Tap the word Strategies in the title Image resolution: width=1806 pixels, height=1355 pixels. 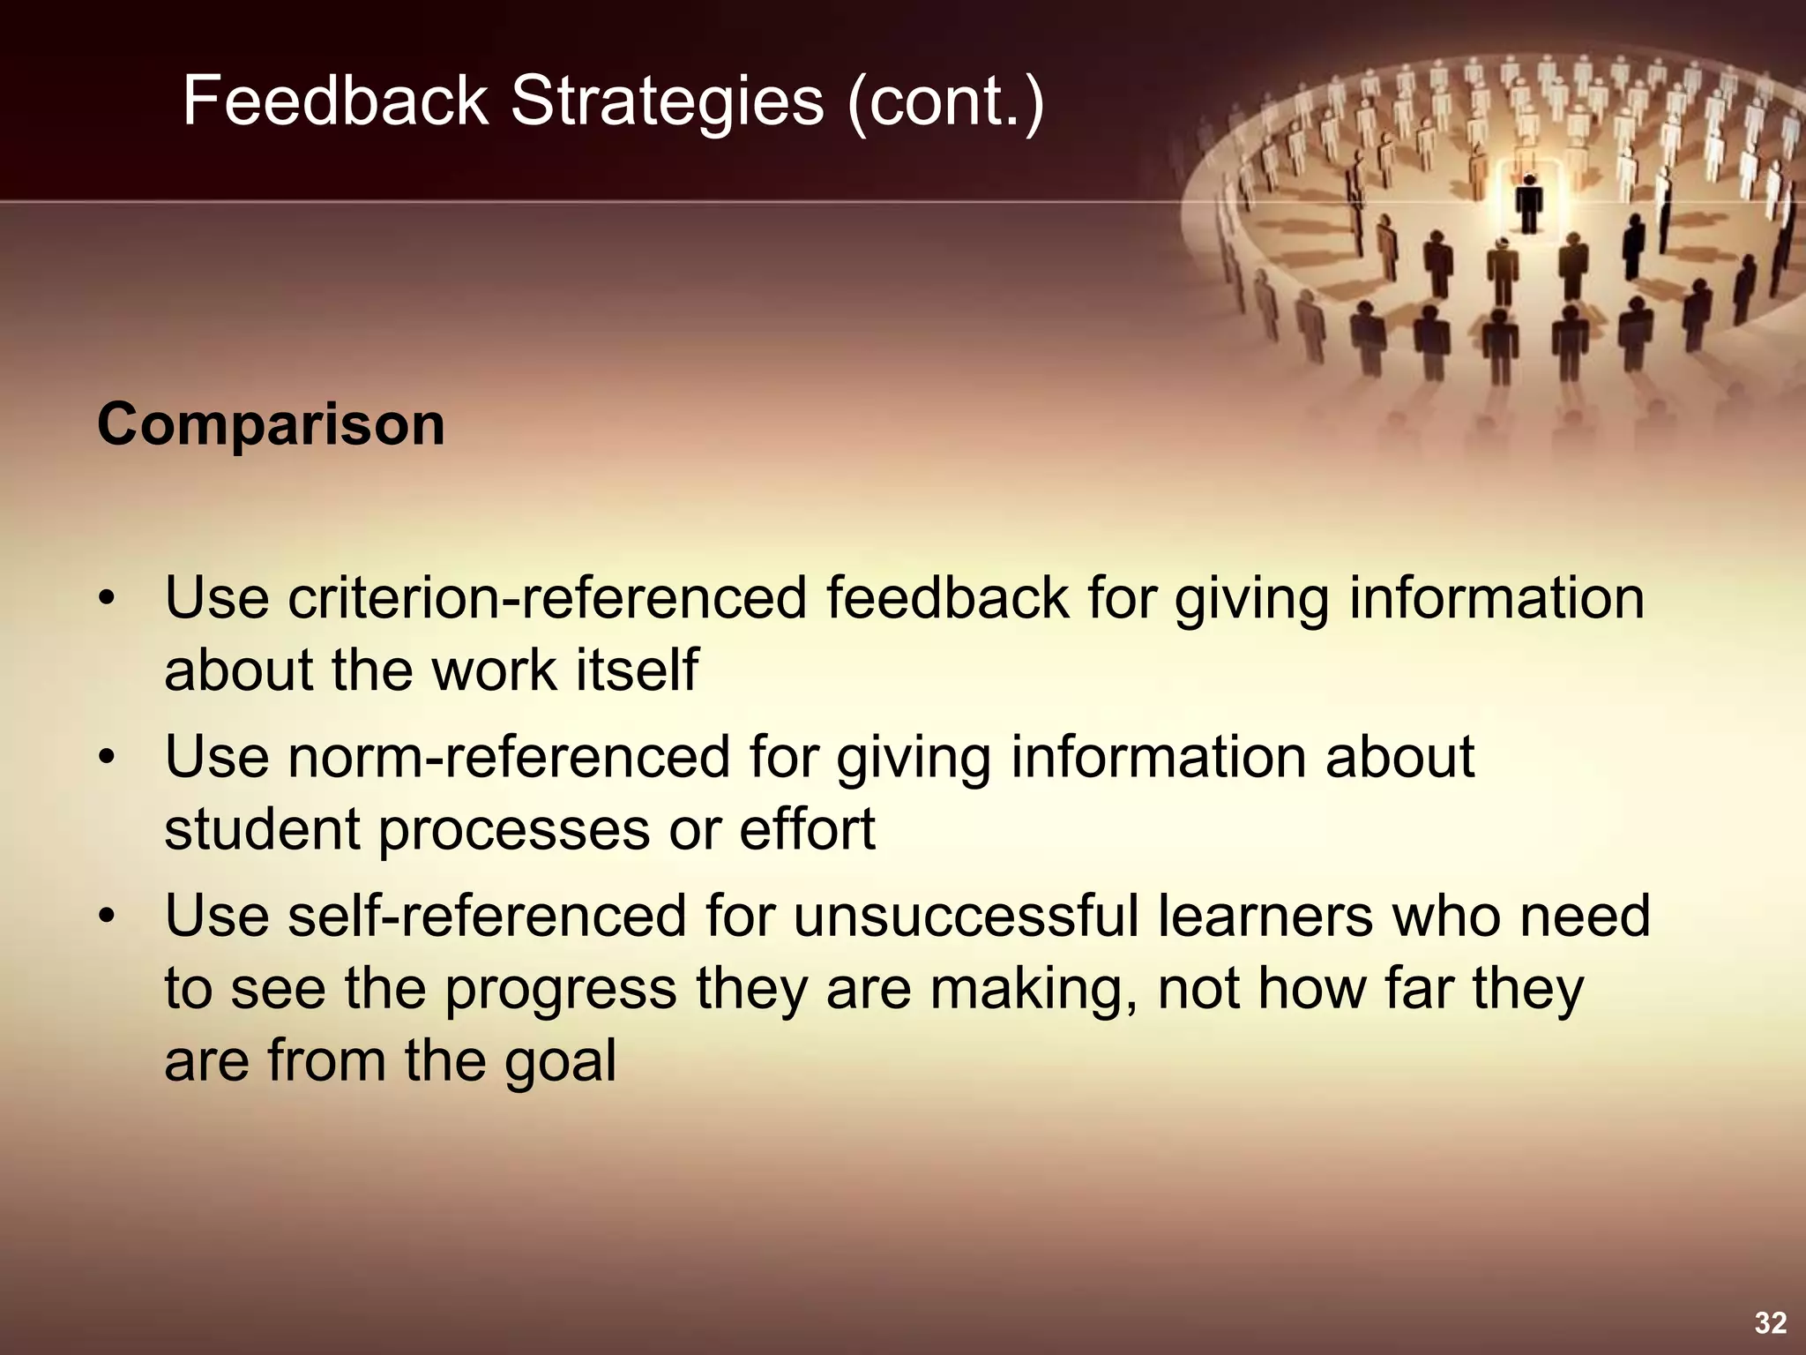[x=668, y=101]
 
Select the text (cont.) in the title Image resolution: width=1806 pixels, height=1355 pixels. [x=944, y=101]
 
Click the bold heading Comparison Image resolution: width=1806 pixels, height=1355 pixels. [x=271, y=425]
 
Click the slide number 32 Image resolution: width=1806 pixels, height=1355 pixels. [x=1770, y=1323]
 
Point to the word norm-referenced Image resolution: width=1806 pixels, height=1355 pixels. [x=509, y=758]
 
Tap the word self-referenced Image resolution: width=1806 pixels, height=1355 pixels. [x=487, y=917]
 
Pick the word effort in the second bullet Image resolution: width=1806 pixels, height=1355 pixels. [x=807, y=829]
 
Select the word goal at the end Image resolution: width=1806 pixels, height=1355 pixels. [x=560, y=1061]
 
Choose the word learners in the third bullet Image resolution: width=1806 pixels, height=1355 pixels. [x=1265, y=917]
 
